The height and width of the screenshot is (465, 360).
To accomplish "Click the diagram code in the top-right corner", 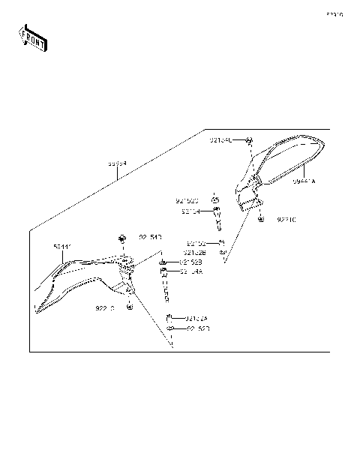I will pyautogui.click(x=334, y=14).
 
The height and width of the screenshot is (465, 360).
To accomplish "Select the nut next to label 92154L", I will pyautogui.click(x=250, y=141).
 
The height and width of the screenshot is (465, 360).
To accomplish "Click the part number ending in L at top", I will pyautogui.click(x=220, y=140).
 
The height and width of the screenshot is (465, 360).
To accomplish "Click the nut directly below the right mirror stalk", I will pyautogui.click(x=259, y=219).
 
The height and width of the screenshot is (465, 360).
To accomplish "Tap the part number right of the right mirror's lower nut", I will pyautogui.click(x=287, y=220).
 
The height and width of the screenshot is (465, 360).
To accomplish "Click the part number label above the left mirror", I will pyautogui.click(x=63, y=246).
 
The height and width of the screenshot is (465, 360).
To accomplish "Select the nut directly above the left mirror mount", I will pyautogui.click(x=121, y=238).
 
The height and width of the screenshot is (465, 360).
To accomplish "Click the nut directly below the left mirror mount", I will pyautogui.click(x=130, y=307).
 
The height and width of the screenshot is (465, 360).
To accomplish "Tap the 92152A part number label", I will pyautogui.click(x=197, y=317).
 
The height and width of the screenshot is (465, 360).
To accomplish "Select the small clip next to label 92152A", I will pyautogui.click(x=169, y=317).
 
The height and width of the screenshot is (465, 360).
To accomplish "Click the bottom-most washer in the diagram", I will pyautogui.click(x=171, y=329).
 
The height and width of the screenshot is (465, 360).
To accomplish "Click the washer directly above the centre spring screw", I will pyautogui.click(x=216, y=200).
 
